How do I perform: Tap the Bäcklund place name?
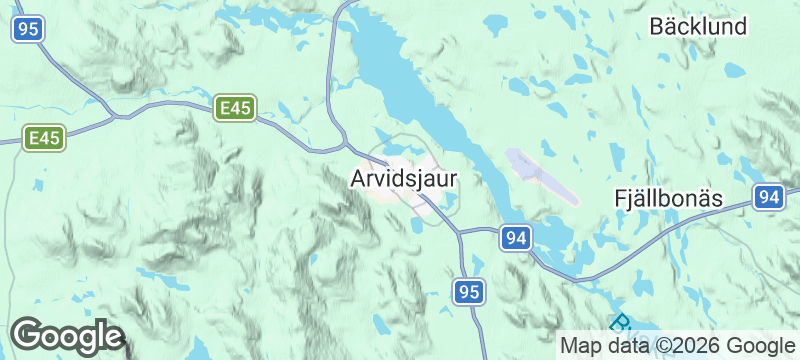click(698, 27)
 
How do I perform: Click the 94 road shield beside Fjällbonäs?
click(768, 198)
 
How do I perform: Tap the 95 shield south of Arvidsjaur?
click(468, 292)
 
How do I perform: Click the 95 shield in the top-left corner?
click(28, 30)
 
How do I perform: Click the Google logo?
click(67, 336)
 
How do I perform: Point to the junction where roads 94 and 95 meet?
click(460, 233)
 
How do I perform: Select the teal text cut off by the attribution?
click(621, 323)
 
